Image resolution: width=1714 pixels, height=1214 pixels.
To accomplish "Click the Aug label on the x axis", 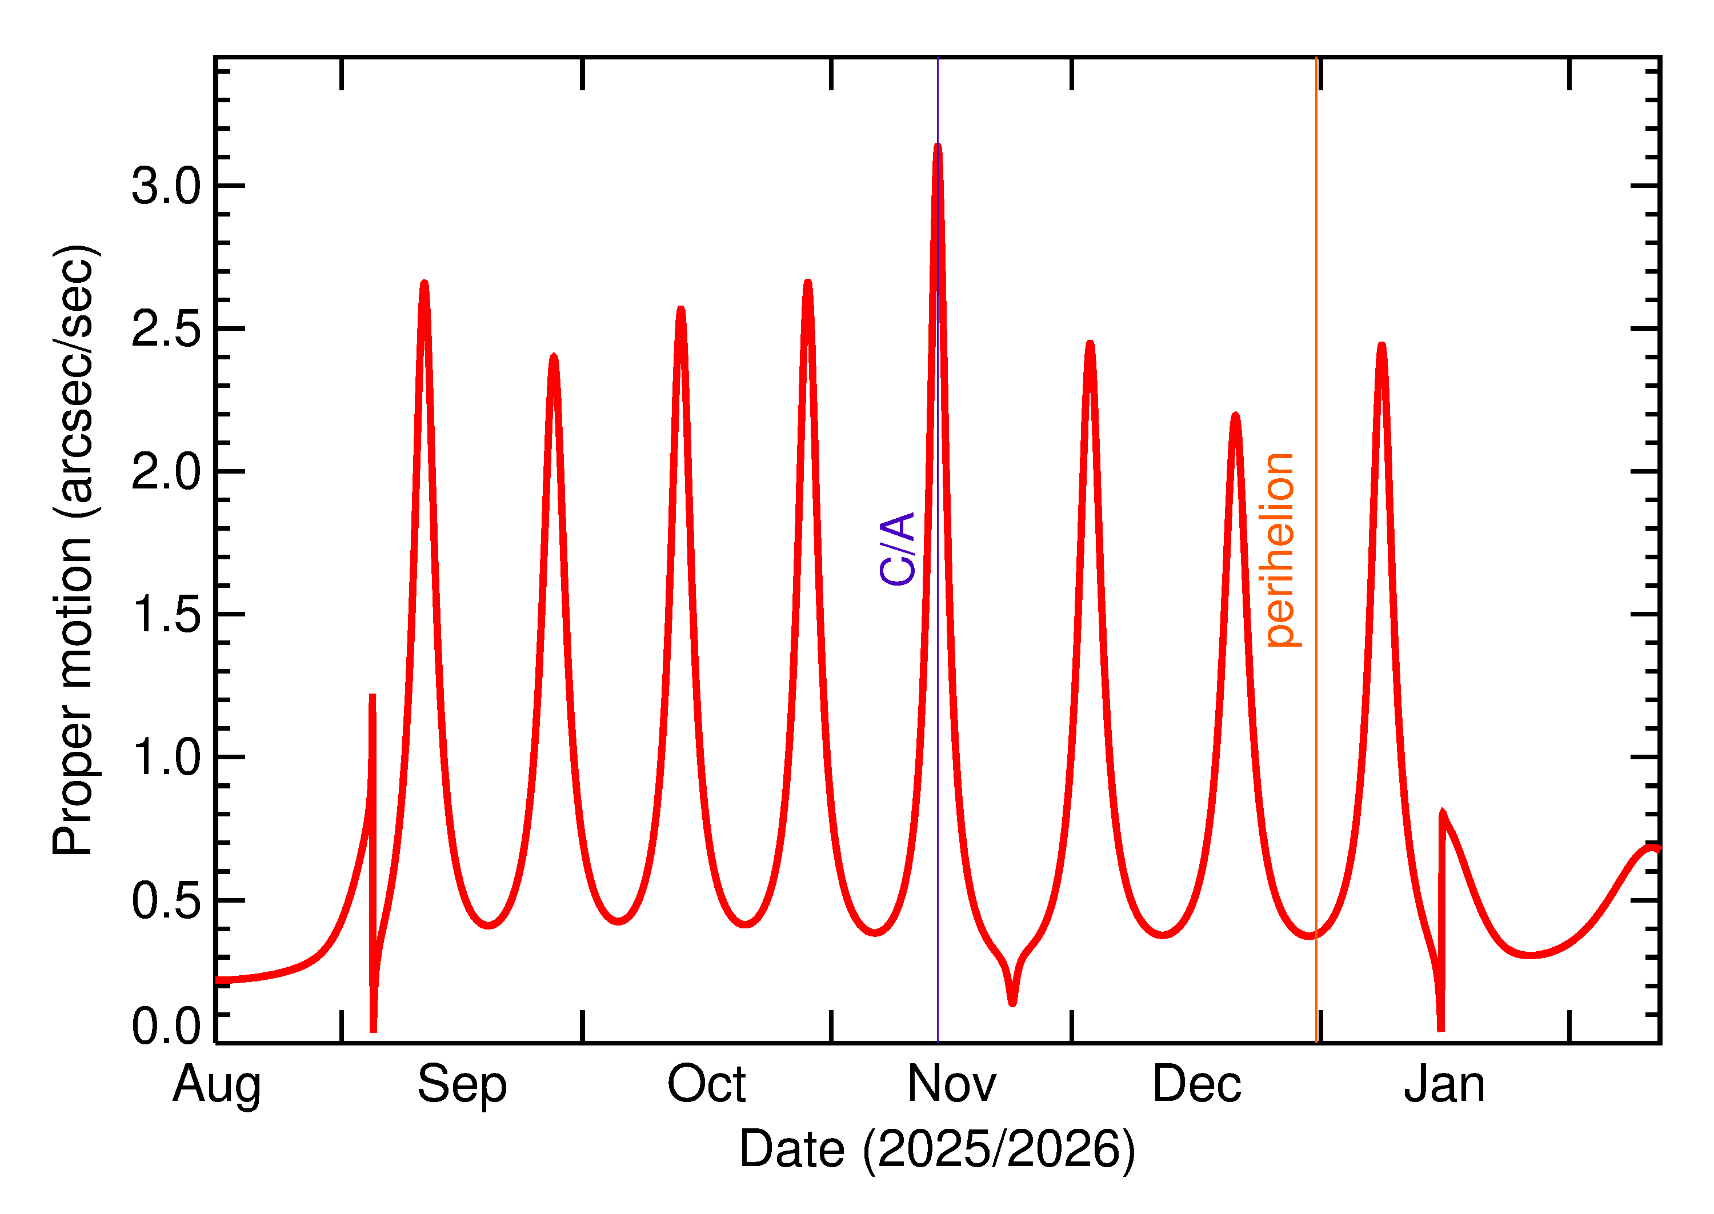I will (217, 1085).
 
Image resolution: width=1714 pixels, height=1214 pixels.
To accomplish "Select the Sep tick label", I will (462, 1085).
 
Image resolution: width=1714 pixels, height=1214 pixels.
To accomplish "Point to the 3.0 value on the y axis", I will (166, 186).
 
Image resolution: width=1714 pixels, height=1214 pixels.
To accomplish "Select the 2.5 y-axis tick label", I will (166, 329).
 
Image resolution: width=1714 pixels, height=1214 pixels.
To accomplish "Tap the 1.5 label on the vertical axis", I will (166, 615).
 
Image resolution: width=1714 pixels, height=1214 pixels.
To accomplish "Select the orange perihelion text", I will (1280, 550).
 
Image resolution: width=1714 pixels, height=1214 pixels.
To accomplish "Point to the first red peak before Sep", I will (425, 284).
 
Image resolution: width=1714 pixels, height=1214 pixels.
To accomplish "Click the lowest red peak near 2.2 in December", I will (1236, 416).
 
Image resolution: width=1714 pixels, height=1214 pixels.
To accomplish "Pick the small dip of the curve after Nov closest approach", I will (1012, 1001).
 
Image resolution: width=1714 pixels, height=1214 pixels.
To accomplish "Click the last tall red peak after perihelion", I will (1381, 346).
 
